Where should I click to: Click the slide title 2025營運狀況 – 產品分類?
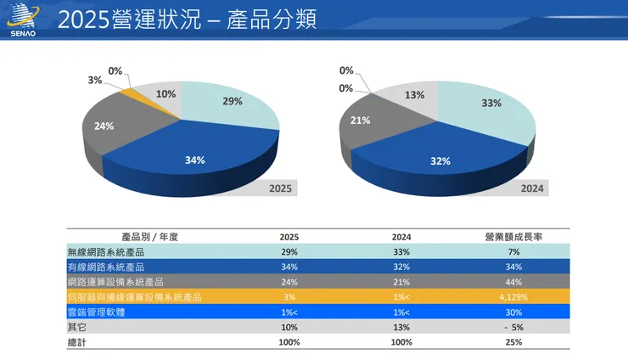click(187, 20)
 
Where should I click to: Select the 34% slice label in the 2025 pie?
click(195, 160)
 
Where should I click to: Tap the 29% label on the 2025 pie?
click(232, 101)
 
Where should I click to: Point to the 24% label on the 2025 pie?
click(104, 127)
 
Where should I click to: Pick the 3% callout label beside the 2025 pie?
click(95, 80)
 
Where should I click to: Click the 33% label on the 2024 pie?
click(491, 103)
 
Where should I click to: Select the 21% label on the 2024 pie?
click(360, 121)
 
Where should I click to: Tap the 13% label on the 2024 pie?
click(414, 95)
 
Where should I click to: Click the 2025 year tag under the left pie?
click(279, 188)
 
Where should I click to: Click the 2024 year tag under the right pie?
click(532, 188)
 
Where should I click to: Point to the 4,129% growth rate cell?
click(511, 296)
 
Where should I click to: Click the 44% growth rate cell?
click(511, 282)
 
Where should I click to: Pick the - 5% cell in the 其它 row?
click(511, 327)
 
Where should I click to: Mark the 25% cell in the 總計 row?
click(511, 342)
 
